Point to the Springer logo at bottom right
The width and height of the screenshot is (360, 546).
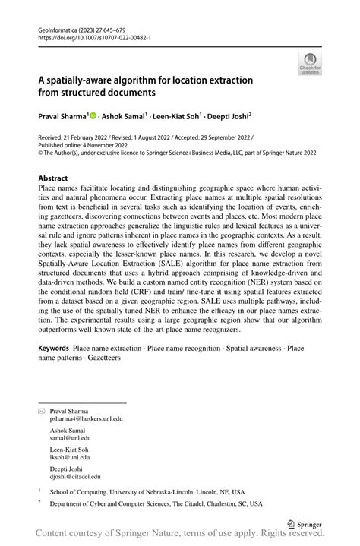click(305, 524)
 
